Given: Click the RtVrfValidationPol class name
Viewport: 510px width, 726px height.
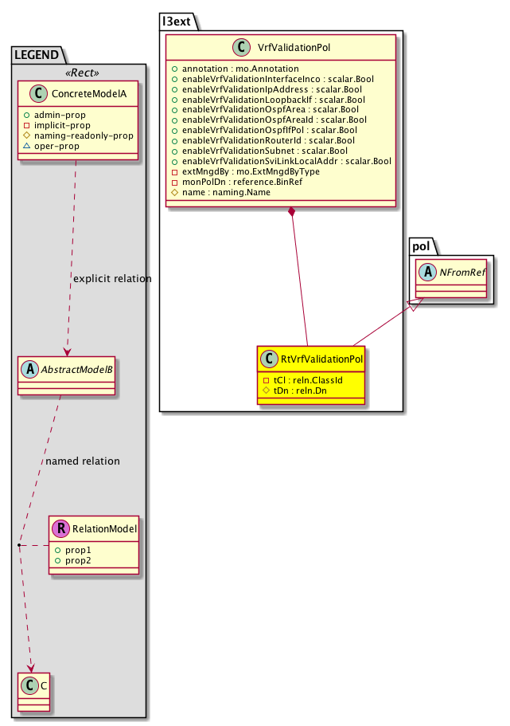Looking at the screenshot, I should point(322,360).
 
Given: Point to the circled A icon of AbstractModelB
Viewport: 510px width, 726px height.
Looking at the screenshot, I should point(30,369).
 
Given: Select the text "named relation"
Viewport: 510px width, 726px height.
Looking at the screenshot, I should point(83,461).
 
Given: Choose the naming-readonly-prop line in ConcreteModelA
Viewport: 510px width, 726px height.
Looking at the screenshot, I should point(89,135).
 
